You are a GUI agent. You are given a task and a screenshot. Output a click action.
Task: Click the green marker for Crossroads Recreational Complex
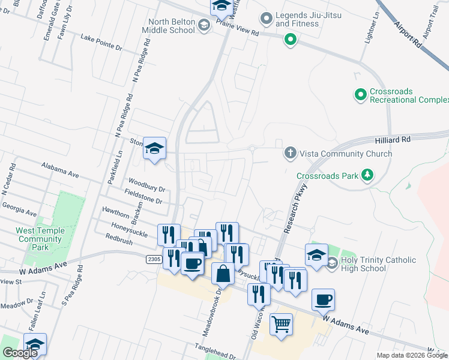click(x=360, y=95)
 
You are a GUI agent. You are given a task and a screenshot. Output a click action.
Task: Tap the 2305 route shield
click(x=152, y=259)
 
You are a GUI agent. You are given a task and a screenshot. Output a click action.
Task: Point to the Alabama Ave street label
click(x=60, y=169)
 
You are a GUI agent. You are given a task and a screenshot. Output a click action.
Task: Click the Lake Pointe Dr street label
click(x=101, y=42)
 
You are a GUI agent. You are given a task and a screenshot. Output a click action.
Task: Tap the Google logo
click(x=20, y=353)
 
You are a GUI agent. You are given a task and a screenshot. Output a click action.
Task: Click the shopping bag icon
click(x=223, y=274)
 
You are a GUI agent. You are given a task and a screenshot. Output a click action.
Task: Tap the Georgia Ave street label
click(x=19, y=210)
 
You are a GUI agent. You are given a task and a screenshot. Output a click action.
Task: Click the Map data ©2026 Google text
click(x=411, y=355)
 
